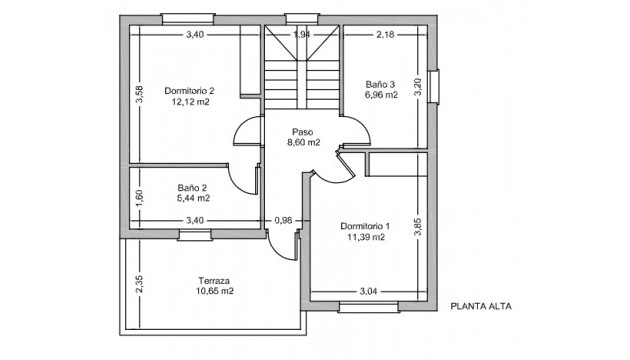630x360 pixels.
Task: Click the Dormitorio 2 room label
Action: [x=190, y=91]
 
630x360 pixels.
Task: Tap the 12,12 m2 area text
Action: [x=190, y=102]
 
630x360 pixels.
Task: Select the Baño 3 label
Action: [x=381, y=84]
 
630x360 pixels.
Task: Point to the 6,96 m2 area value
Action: [x=381, y=95]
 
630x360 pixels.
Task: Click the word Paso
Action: [x=303, y=131]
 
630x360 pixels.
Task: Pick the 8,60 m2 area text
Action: [x=303, y=142]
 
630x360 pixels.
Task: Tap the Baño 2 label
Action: [x=192, y=187]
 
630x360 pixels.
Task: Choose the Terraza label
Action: [x=215, y=280]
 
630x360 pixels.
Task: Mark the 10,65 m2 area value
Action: [x=215, y=291]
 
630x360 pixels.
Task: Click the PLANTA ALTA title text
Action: [x=480, y=307]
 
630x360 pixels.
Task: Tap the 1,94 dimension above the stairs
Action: [x=301, y=35]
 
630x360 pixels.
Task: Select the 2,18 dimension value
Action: [x=386, y=35]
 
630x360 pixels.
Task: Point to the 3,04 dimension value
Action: [x=369, y=291]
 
